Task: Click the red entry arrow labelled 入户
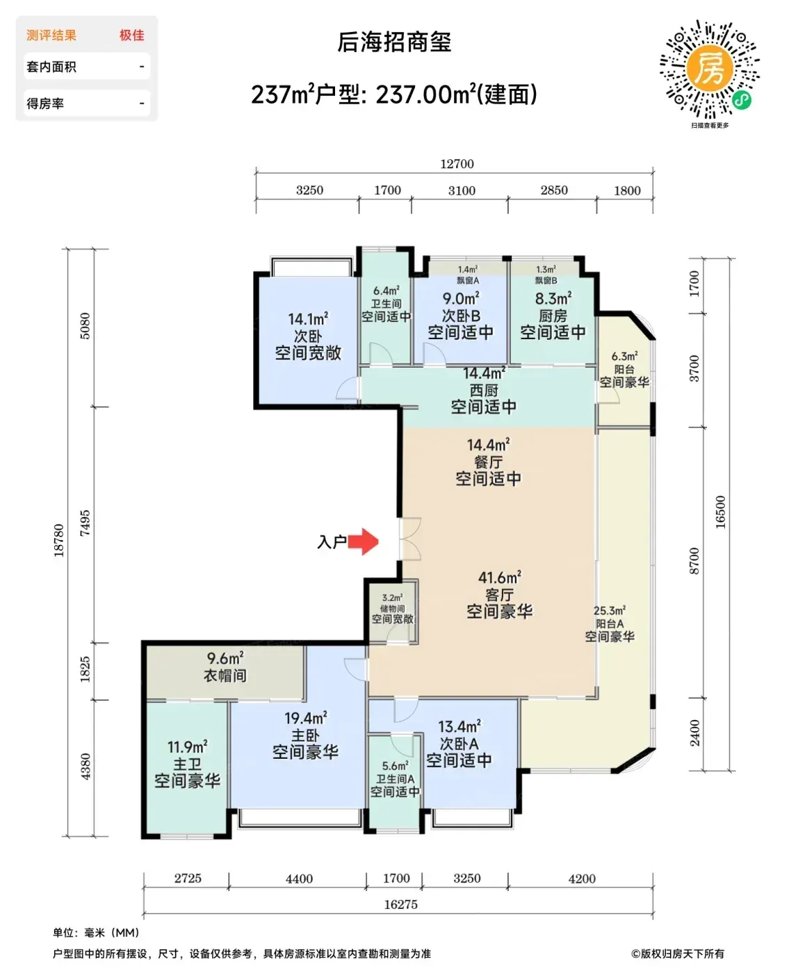coord(363,542)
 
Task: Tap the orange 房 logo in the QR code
coord(710,69)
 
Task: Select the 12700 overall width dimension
coord(457,163)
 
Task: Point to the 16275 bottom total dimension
coord(400,904)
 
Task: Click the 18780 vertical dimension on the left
coord(59,541)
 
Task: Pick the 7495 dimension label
coord(85,523)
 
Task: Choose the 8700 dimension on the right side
coord(694,561)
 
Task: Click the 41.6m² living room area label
coord(500,578)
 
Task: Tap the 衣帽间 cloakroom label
coord(225,676)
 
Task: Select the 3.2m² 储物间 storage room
coord(393,609)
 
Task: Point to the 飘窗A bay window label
coord(468,281)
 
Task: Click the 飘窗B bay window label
coord(546,281)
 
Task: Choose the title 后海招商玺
coord(394,42)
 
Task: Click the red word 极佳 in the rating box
coord(132,35)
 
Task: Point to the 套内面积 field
coord(51,67)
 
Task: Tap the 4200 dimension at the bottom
coord(582,878)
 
